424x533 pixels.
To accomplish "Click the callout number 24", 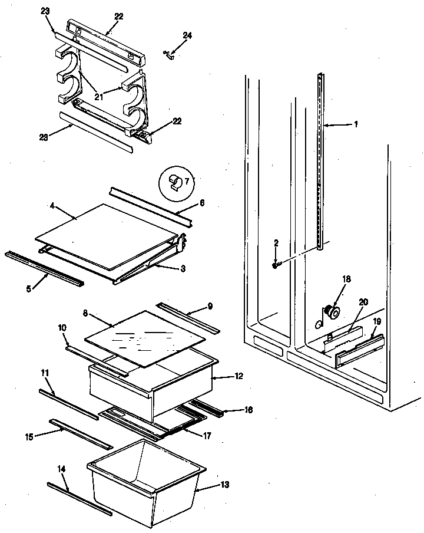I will click(x=187, y=36).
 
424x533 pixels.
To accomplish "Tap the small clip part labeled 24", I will click(x=169, y=55).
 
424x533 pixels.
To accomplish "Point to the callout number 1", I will click(x=356, y=124).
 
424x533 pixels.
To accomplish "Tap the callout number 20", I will click(x=363, y=301).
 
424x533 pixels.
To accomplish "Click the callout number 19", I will click(x=377, y=322).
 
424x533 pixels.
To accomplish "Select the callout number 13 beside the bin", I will click(x=226, y=485).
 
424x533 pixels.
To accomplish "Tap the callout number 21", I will click(x=98, y=97).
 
